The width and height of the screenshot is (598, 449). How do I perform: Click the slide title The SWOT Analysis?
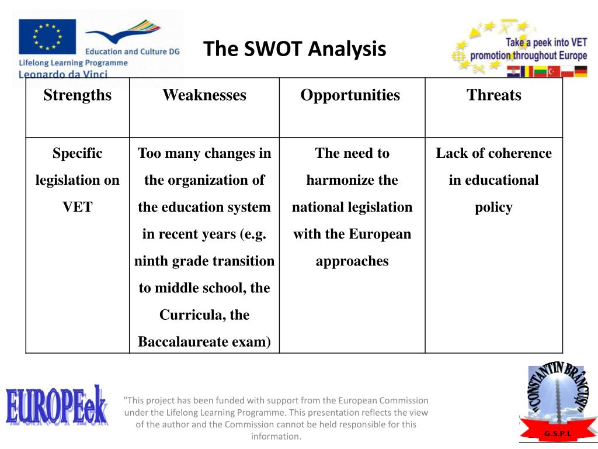294,49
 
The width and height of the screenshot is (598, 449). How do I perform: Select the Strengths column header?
77,95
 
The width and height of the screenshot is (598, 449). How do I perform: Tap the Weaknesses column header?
204,95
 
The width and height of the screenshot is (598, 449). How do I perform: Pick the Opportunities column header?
350,95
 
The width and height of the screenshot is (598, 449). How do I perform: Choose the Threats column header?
493,95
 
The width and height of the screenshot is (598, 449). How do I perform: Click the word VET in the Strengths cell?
77,207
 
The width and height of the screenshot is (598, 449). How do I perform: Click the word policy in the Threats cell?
493,207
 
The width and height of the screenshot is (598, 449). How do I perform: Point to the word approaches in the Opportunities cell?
352,261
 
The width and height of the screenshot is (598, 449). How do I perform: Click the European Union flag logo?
47,37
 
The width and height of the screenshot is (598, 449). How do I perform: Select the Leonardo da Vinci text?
64,74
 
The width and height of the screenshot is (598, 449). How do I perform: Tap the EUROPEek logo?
57,406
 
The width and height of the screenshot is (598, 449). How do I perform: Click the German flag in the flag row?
580,71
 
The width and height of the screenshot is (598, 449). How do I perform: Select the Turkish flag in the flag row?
554,71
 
